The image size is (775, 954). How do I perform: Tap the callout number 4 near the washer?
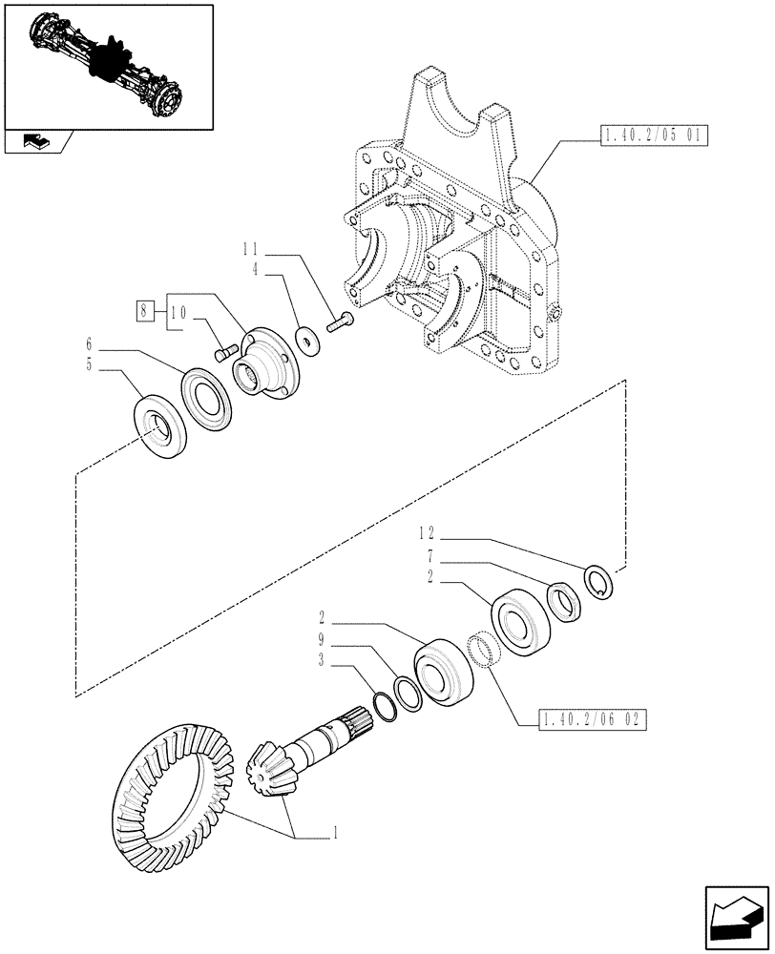click(x=255, y=270)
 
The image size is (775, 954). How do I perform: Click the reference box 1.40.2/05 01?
click(x=653, y=136)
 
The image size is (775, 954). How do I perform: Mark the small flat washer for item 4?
click(x=308, y=339)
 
